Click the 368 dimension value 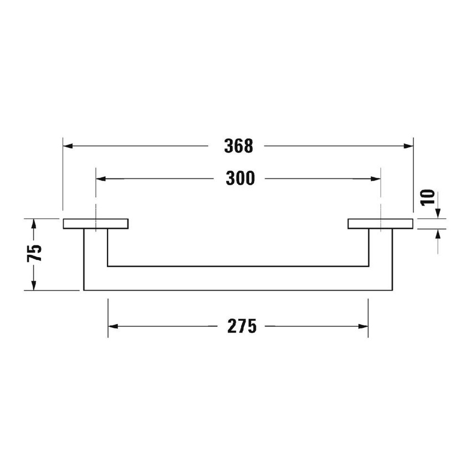[239, 146]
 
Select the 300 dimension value [240, 178]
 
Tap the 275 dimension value [242, 326]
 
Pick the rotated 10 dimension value [426, 197]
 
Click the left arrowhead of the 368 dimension [68, 146]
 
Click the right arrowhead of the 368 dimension [408, 146]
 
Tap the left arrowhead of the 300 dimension [101, 178]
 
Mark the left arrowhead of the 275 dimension [113, 326]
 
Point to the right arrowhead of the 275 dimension [363, 326]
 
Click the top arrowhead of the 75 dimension [34, 223]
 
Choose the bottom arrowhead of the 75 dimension [34, 285]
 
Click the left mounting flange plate [96, 224]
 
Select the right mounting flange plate [381, 224]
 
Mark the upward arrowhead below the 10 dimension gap [438, 233]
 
